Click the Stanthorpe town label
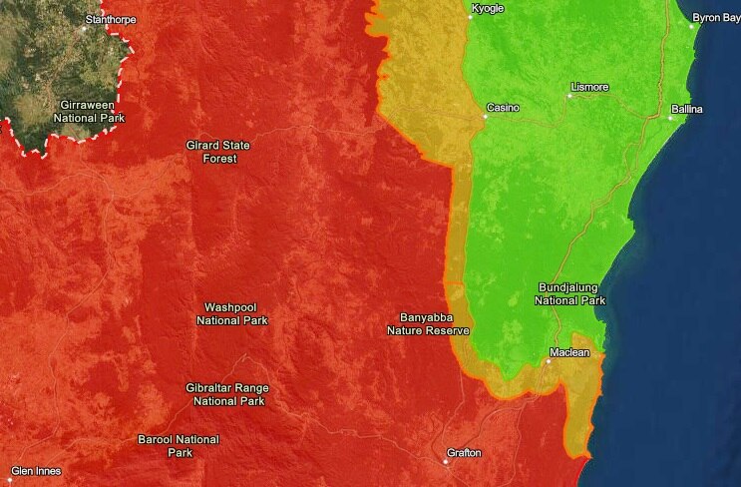pyautogui.click(x=111, y=19)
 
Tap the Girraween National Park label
pyautogui.click(x=65, y=110)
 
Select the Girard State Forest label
pyautogui.click(x=218, y=152)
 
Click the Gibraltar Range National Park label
pyautogui.click(x=227, y=394)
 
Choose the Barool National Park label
pyautogui.click(x=179, y=446)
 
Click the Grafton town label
pyautogui.click(x=464, y=453)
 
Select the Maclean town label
pyautogui.click(x=569, y=352)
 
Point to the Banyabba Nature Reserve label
pyautogui.click(x=428, y=323)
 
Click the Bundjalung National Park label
pyautogui.click(x=569, y=292)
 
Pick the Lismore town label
pyautogui.click(x=588, y=87)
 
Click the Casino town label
pyautogui.click(x=503, y=107)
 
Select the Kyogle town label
pyautogui.click(x=487, y=8)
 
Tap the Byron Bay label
pyautogui.click(x=716, y=17)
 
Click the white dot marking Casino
pyautogui.click(x=485, y=117)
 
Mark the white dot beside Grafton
pyautogui.click(x=446, y=461)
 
